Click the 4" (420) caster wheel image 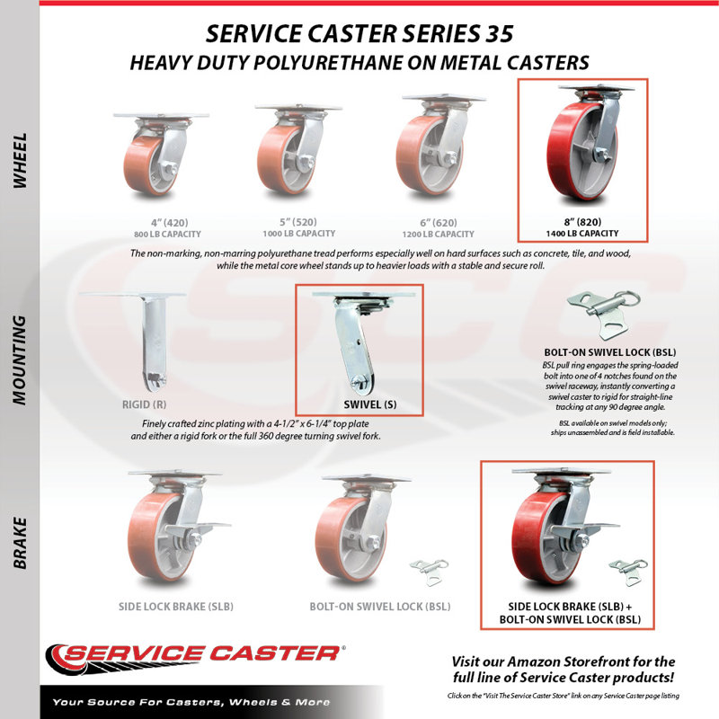(161, 155)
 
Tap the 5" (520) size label (298, 222)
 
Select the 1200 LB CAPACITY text (438, 234)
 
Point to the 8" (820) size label (582, 222)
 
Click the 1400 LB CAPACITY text (581, 234)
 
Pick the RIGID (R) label (144, 404)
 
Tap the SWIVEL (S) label (370, 404)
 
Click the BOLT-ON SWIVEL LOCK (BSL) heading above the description (610, 352)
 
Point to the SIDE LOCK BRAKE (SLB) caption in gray (176, 607)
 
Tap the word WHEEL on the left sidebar (20, 161)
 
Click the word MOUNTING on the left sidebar (20, 360)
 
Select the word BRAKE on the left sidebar (20, 544)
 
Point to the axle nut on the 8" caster (601, 155)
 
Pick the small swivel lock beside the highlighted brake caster (627, 572)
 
